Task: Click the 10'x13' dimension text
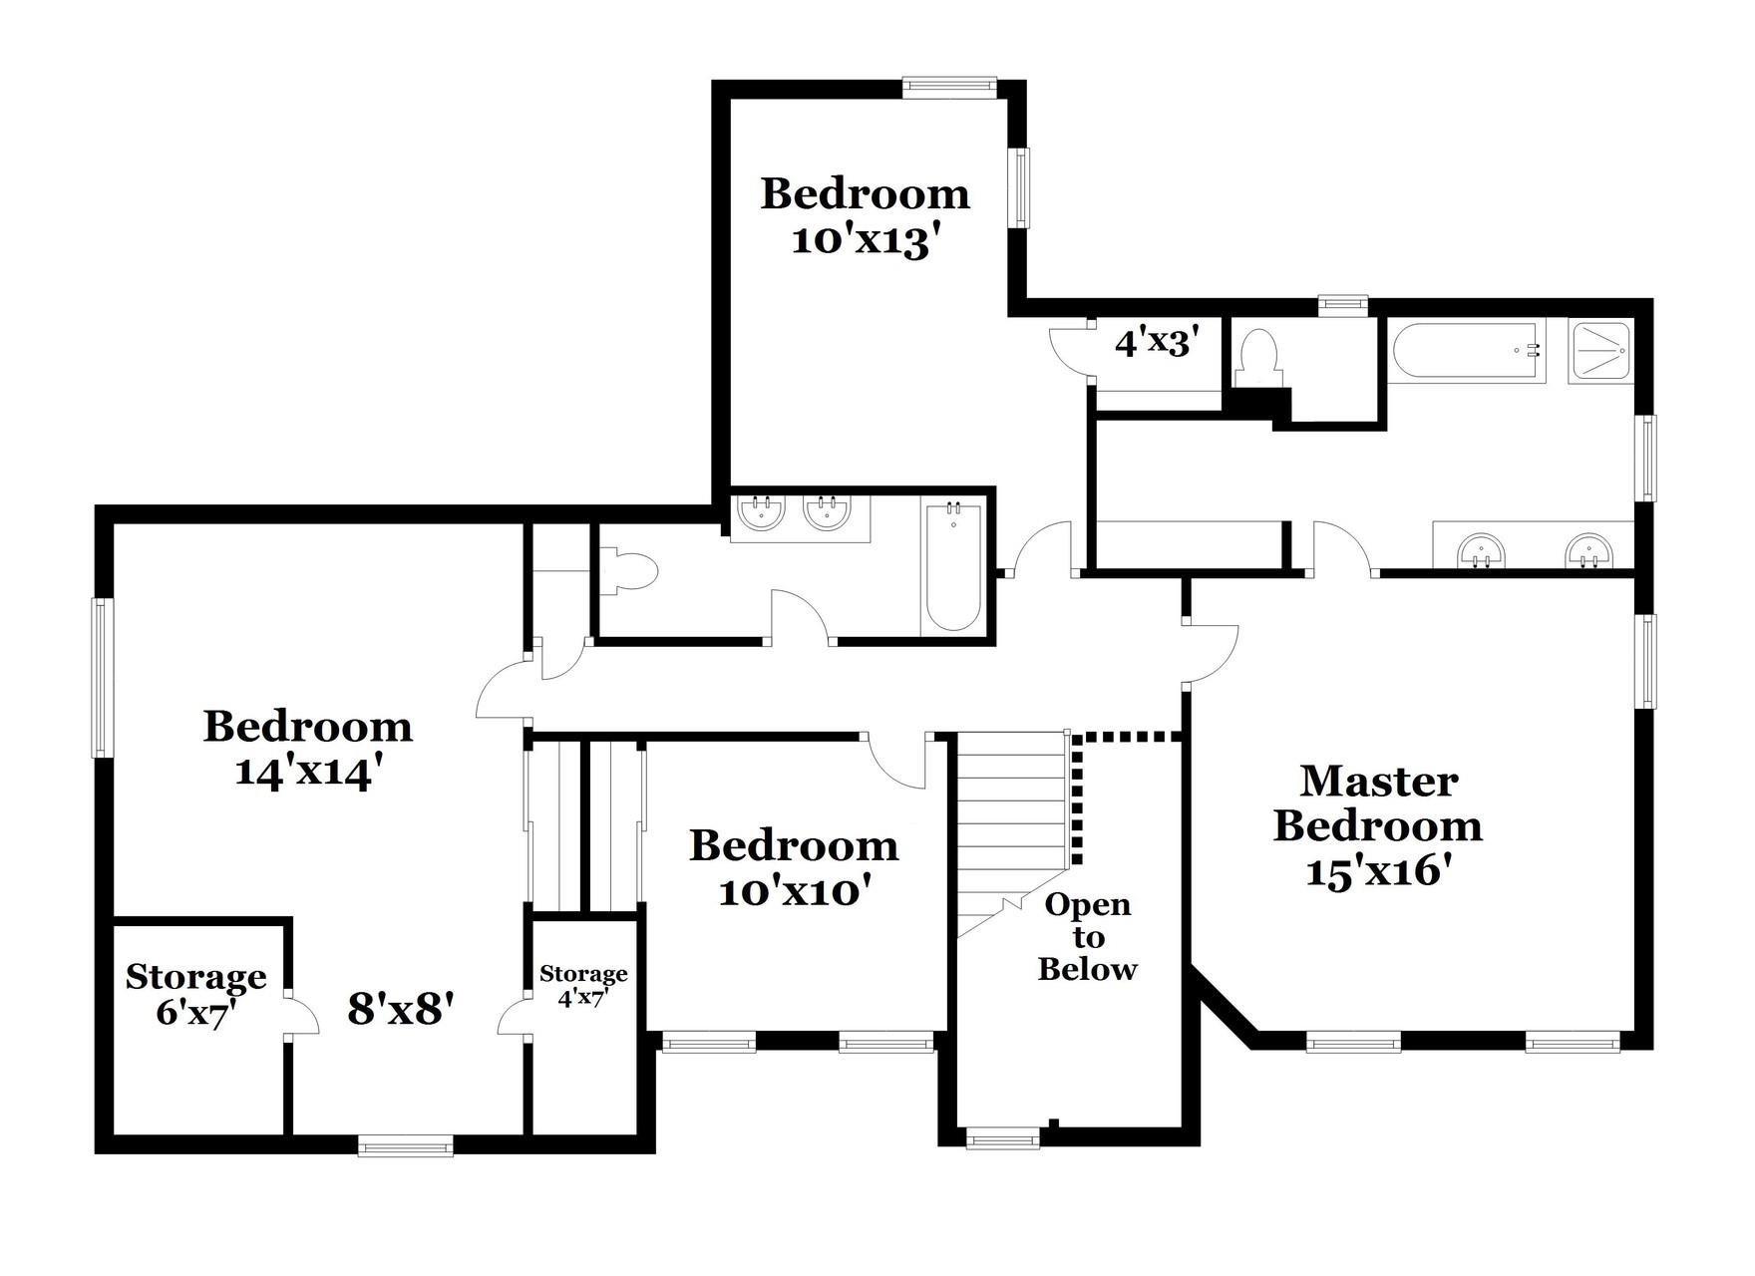pos(866,242)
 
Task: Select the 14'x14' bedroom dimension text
pos(308,773)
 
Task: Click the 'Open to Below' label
pos(1087,937)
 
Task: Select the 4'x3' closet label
pos(1155,344)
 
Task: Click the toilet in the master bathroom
pos(1256,356)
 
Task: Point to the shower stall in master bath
pos(1599,351)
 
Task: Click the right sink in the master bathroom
pos(1587,550)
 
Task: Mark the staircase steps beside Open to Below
pos(1012,817)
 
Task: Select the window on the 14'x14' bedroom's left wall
pos(101,677)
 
